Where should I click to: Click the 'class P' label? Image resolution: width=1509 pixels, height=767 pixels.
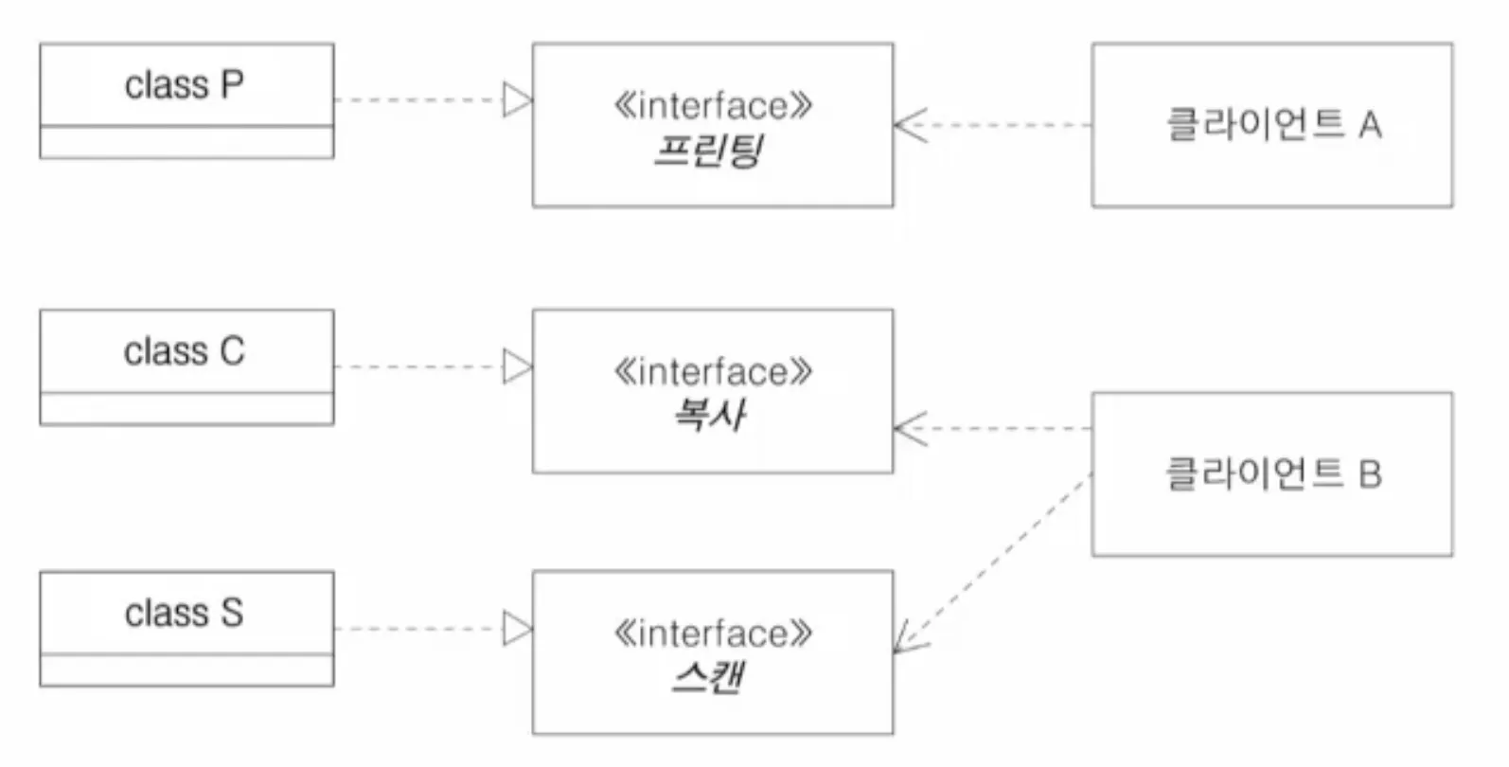(x=185, y=85)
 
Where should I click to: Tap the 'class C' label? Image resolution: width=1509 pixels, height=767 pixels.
(x=185, y=352)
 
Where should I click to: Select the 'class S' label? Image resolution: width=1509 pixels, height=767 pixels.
(x=185, y=614)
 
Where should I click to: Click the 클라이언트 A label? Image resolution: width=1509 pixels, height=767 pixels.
(x=1272, y=124)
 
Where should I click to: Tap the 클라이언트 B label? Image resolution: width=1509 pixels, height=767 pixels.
(x=1272, y=473)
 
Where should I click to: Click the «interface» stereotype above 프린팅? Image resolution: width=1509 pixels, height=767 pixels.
(x=712, y=105)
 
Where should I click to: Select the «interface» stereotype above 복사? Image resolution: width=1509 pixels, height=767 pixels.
(x=712, y=372)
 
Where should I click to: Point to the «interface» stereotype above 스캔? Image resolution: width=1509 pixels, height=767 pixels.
(x=712, y=633)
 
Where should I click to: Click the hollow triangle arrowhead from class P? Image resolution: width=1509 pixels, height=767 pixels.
(x=517, y=99)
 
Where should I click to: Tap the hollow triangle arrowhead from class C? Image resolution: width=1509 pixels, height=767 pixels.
(x=517, y=366)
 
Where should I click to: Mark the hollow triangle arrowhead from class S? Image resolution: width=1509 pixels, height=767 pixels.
(x=517, y=628)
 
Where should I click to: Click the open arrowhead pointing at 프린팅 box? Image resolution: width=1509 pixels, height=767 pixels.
(x=909, y=125)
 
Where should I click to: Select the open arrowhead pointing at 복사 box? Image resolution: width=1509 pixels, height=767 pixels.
(x=909, y=429)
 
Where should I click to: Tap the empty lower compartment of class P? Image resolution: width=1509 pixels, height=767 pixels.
(x=186, y=142)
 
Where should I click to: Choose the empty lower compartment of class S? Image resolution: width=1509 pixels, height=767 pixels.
(x=186, y=669)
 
